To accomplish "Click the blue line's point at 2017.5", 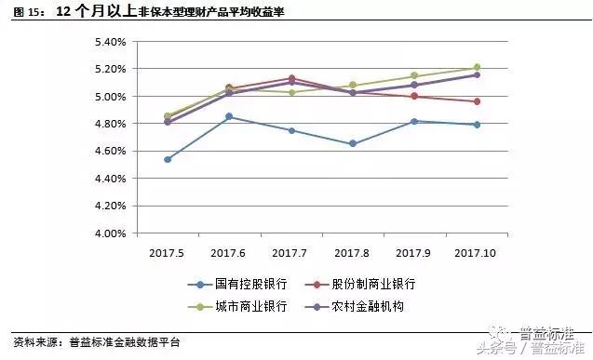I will pyautogui.click(x=168, y=159).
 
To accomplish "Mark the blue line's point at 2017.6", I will pyautogui.click(x=229, y=117).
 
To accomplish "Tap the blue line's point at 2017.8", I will pyautogui.click(x=353, y=144).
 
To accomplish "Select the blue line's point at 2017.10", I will pyautogui.click(x=477, y=125).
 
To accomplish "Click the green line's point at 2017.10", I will pyautogui.click(x=477, y=67).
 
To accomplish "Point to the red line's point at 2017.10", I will pyautogui.click(x=477, y=101).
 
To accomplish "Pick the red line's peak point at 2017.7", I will pyautogui.click(x=291, y=78).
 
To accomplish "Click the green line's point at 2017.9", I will pyautogui.click(x=415, y=76).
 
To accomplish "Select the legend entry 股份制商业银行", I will pyautogui.click(x=376, y=284).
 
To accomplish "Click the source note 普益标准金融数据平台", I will pyautogui.click(x=125, y=342).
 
